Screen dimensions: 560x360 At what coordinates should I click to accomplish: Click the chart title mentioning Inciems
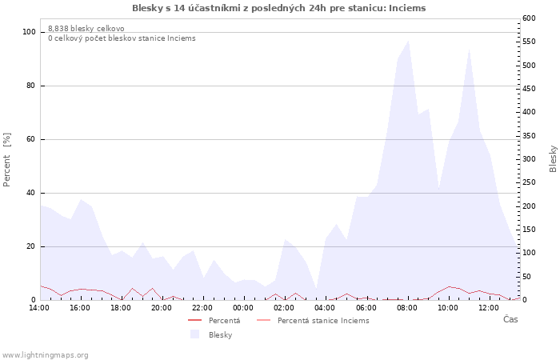tap(279, 8)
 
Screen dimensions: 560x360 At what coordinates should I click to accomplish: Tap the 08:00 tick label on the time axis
tap(406, 307)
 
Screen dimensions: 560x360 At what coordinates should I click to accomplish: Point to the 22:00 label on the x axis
tap(202, 307)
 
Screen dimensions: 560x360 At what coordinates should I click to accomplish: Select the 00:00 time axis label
tap(243, 307)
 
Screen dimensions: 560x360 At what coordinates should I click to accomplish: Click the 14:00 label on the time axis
tap(39, 307)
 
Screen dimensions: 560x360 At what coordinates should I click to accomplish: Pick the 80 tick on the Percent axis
tap(30, 86)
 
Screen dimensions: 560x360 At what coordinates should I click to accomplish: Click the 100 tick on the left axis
tap(29, 32)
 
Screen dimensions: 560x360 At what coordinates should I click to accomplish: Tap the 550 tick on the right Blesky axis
tap(529, 42)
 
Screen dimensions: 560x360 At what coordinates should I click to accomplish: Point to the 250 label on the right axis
tap(529, 182)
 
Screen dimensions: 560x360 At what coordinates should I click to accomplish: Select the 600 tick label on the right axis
tap(529, 18)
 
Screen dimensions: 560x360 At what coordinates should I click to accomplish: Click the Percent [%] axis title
tap(6, 160)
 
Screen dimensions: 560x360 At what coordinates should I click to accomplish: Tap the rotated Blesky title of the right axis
tap(553, 159)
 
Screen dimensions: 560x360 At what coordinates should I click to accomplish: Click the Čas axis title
tap(510, 319)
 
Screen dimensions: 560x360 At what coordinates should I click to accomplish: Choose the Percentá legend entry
tap(214, 320)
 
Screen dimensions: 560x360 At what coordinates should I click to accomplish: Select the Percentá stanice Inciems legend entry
tap(313, 320)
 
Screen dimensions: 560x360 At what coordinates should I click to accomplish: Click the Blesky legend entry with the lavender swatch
tap(211, 334)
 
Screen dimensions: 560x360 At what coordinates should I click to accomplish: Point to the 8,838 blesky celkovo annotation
tap(86, 29)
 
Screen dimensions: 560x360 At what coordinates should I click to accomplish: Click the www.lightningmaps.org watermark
tap(44, 355)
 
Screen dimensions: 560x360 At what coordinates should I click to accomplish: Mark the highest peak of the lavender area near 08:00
tap(408, 41)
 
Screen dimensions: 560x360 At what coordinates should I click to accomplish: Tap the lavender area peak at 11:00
tap(470, 50)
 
